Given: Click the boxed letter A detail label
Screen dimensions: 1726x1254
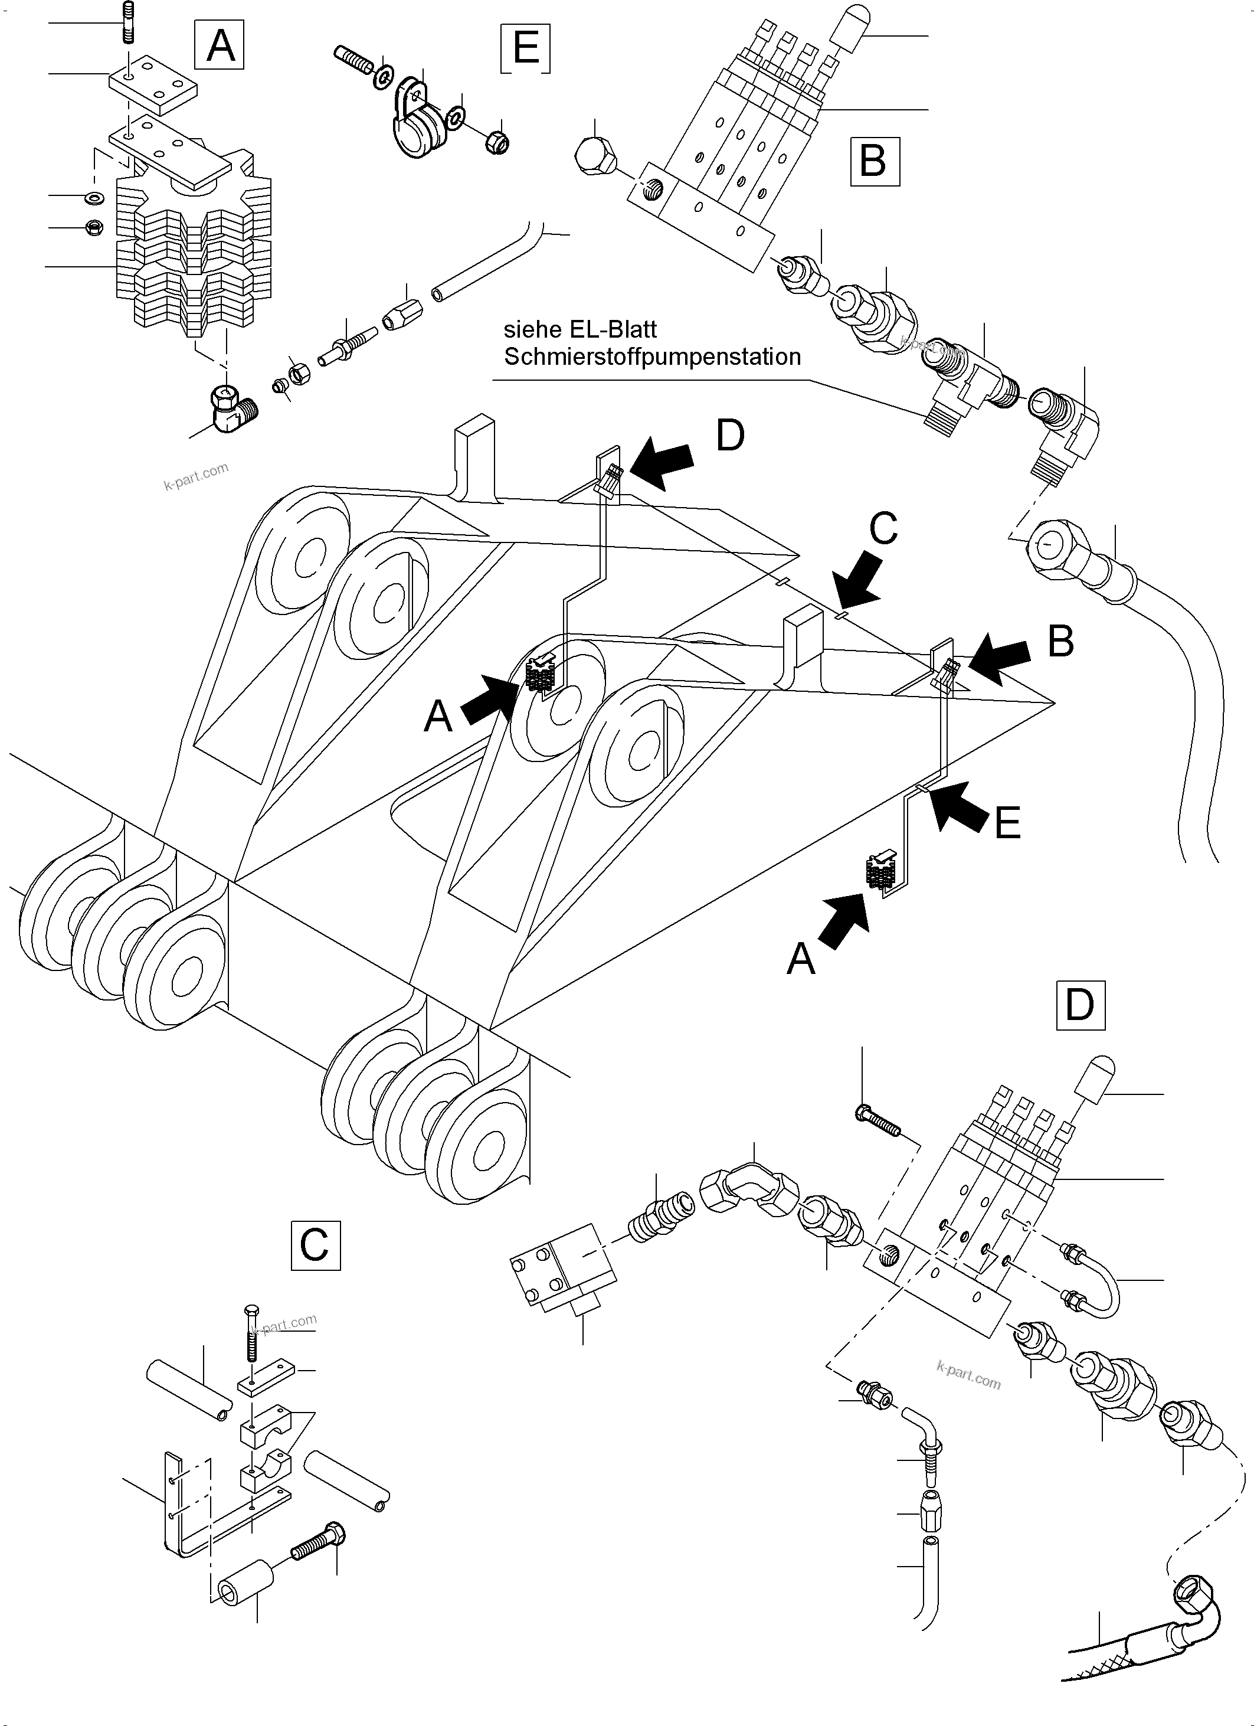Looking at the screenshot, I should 220,45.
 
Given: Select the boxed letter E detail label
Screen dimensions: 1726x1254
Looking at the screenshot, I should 526,48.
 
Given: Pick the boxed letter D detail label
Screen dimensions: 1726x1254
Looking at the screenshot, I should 1080,1005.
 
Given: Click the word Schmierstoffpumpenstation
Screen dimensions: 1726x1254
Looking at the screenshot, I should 652,357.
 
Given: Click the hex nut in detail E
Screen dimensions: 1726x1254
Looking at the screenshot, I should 497,142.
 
